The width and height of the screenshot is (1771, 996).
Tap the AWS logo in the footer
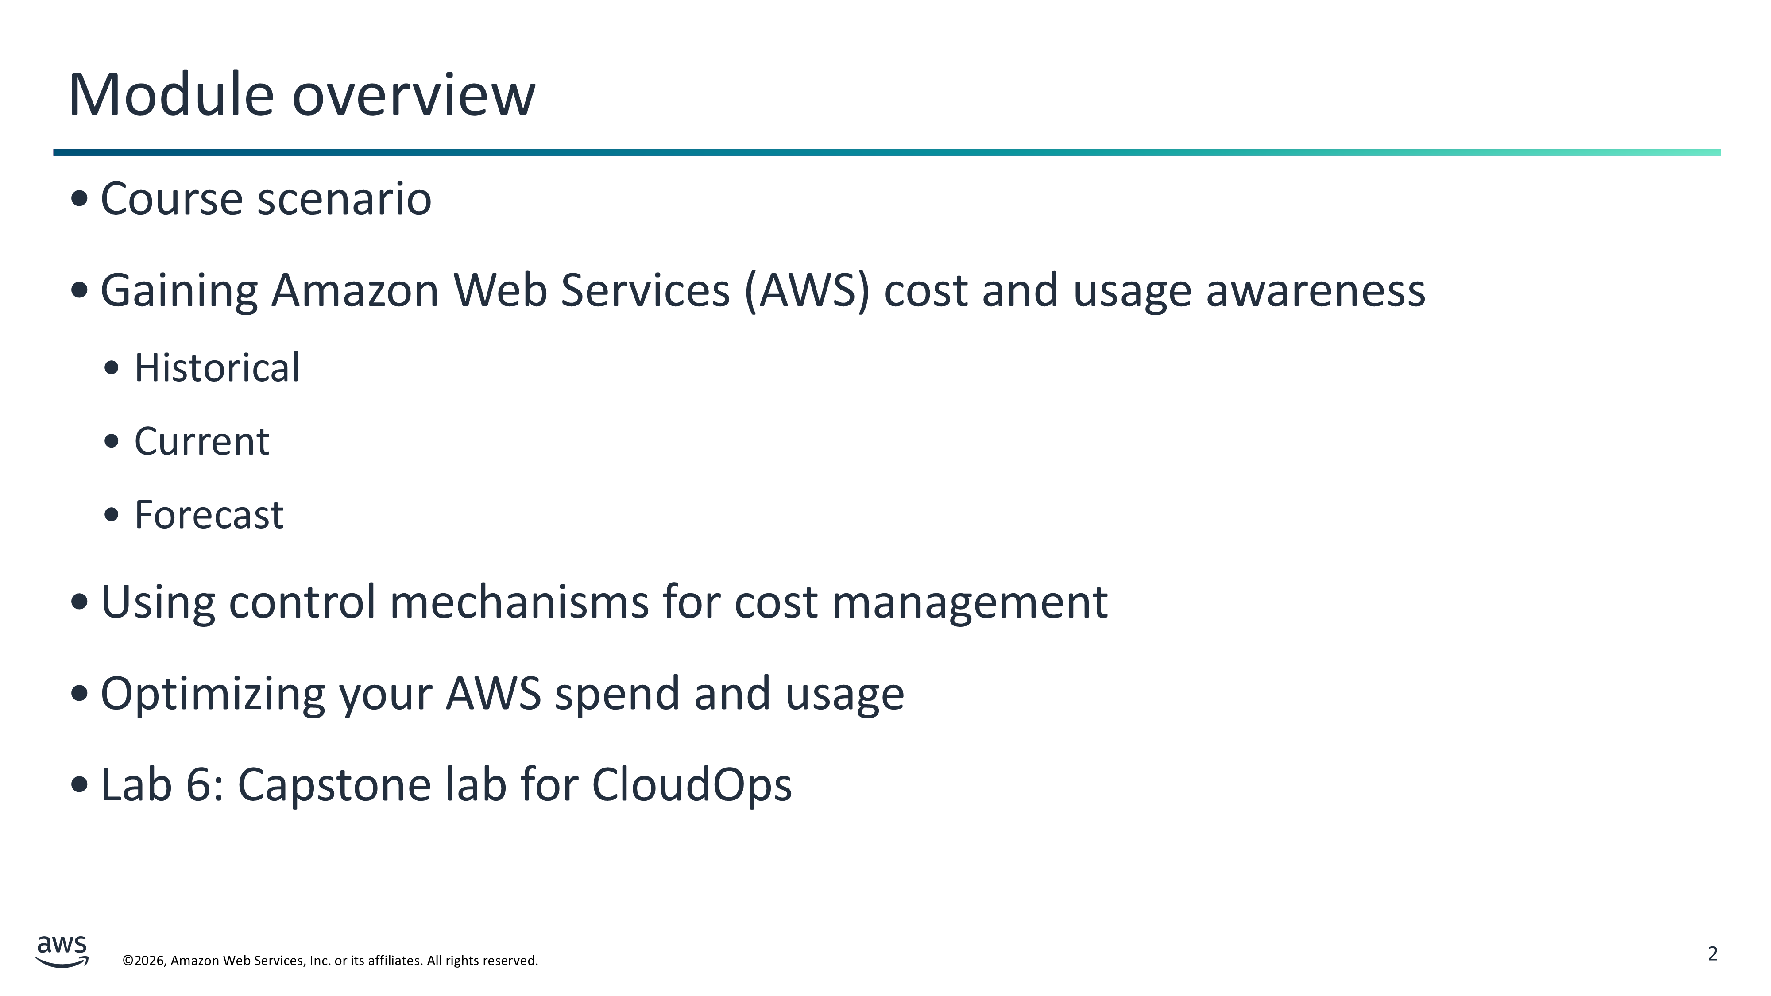(x=62, y=951)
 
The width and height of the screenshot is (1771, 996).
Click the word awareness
(x=1316, y=291)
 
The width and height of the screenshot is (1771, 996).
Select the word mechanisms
(x=519, y=602)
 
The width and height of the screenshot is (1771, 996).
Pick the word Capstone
(x=334, y=786)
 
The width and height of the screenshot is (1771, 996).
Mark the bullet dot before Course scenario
(x=80, y=199)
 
